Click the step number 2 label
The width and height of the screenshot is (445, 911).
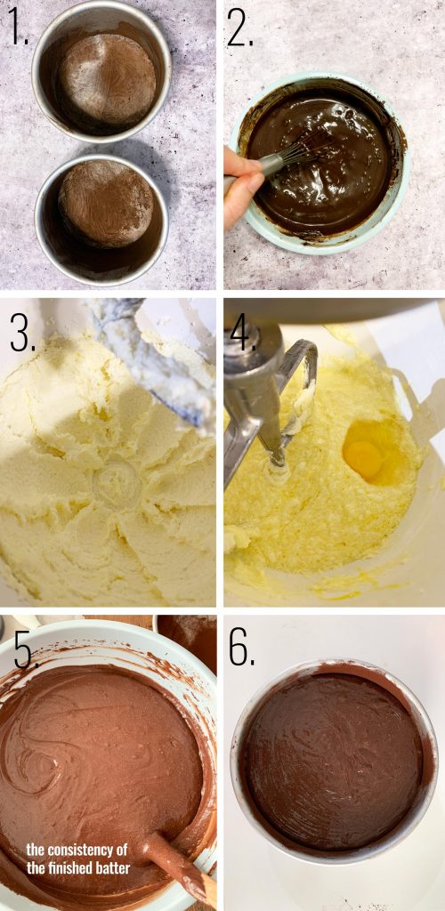(239, 28)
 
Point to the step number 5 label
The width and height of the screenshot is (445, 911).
(23, 651)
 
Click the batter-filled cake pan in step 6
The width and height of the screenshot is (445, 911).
(333, 761)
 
